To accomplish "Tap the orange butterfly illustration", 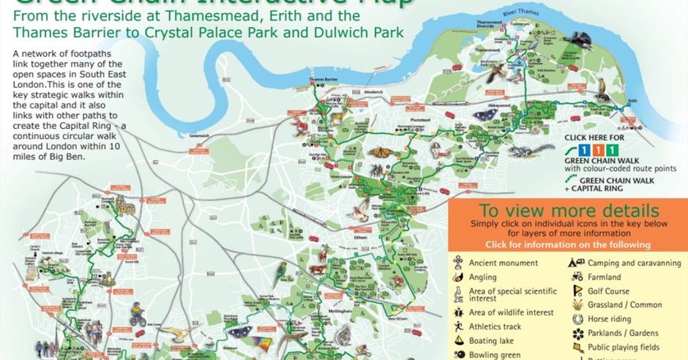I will click(382, 153).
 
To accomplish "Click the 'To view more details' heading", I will click(567, 211).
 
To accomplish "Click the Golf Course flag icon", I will click(575, 291).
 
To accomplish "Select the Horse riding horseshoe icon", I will click(575, 319).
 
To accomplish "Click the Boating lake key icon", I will click(457, 341).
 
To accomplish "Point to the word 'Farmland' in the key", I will click(604, 277).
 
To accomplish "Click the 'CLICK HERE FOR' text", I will click(595, 137).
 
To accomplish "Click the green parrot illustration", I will click(280, 273).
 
